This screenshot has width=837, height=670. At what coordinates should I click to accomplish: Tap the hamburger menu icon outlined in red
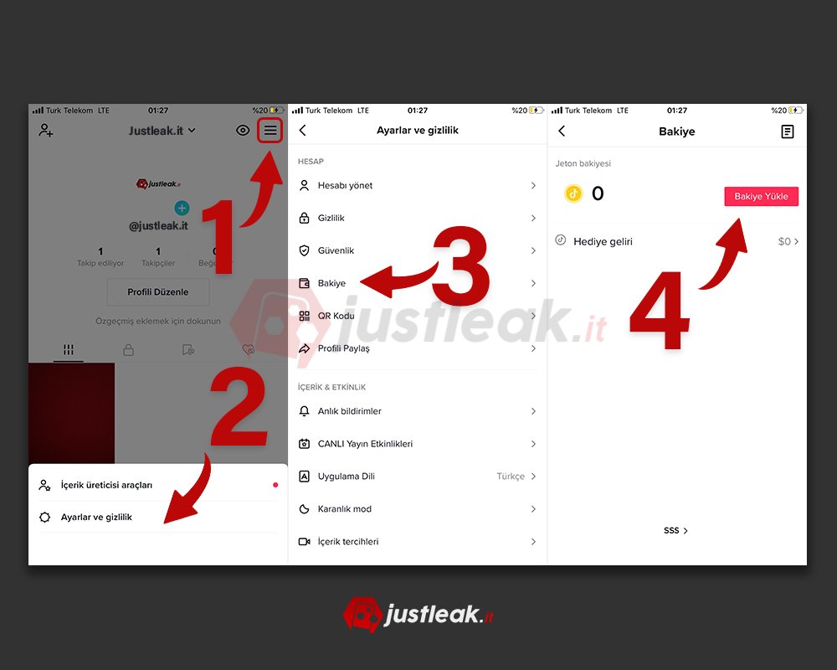pos(270,131)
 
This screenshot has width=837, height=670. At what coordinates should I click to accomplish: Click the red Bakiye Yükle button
pos(761,196)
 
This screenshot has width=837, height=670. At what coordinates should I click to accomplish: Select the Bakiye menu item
pos(331,283)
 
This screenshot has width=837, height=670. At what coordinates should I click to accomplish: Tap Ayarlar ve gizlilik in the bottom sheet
pos(96,518)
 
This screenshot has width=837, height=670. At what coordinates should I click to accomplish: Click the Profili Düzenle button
pos(158,291)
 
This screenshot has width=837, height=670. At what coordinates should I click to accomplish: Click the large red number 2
pos(239,406)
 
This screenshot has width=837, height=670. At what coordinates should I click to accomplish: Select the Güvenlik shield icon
pos(305,250)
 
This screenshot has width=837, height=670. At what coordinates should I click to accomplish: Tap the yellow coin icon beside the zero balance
pos(573,193)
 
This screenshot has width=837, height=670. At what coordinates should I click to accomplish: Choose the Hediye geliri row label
pos(603,241)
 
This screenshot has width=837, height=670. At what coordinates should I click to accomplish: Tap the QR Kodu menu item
pos(336,316)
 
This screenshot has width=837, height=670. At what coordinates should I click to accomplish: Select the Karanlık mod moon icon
pos(305,508)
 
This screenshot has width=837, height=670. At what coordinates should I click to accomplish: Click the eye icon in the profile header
pos(243,131)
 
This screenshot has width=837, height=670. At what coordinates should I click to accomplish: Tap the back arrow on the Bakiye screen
pos(562,131)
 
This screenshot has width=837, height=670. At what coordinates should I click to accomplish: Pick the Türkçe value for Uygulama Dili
pos(511,476)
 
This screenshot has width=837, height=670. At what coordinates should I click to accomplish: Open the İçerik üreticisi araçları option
pos(106,485)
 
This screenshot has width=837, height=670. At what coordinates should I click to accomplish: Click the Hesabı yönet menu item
pos(345,185)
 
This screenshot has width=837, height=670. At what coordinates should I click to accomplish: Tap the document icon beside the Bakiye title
pos(788,131)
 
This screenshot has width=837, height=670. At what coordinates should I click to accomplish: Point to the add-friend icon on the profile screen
pos(45,130)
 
